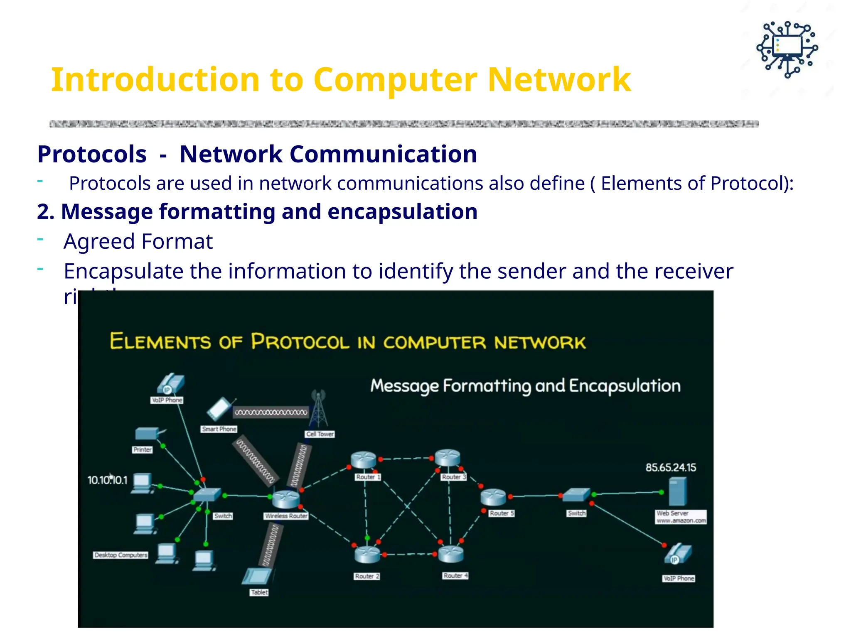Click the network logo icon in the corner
point(787,49)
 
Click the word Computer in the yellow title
point(395,79)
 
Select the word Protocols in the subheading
point(92,154)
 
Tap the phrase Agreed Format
point(138,241)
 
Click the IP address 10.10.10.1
point(107,480)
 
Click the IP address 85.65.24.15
point(671,468)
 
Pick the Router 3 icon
point(448,458)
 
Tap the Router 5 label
point(502,513)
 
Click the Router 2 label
point(367,576)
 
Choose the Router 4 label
point(455,576)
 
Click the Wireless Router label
point(286,516)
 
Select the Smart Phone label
point(219,429)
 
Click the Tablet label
point(259,592)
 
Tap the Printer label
point(143,450)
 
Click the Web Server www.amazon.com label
point(681,517)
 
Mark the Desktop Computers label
point(121,555)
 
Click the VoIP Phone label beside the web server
point(679,579)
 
